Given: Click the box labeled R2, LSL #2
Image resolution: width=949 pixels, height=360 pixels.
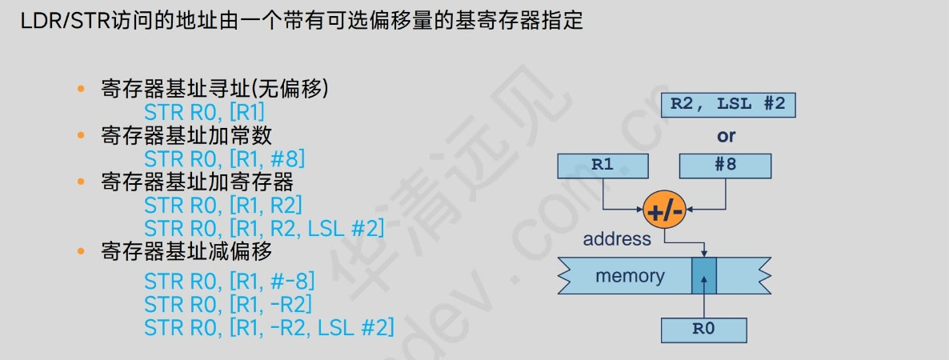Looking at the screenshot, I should click(727, 105).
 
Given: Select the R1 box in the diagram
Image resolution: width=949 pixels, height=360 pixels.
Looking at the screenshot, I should click(603, 166).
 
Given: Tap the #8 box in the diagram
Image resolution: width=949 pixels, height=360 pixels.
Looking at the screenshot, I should click(725, 166).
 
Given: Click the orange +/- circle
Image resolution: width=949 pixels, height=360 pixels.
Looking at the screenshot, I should click(664, 212).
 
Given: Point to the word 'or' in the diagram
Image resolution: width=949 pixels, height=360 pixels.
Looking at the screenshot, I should click(726, 136).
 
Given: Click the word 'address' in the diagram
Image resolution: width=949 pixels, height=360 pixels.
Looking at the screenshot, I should click(617, 238).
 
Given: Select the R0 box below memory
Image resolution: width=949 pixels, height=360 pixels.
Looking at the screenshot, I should click(704, 330).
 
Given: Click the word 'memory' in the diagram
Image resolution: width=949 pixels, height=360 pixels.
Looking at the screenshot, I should click(630, 276).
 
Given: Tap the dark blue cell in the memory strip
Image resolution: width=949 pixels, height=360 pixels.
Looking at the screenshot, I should click(704, 275).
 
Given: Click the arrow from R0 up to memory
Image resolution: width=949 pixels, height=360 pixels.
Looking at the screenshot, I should click(704, 300).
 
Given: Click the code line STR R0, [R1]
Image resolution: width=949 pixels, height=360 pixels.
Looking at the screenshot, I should click(204, 112).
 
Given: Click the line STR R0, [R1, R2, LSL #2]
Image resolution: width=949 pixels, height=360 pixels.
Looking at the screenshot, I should click(264, 228).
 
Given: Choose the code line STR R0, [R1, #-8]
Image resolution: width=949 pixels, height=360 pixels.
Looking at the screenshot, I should click(229, 281).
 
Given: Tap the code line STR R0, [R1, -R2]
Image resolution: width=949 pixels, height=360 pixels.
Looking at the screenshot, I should click(228, 304).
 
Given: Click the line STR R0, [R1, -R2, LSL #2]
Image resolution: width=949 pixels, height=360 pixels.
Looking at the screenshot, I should click(269, 327).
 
